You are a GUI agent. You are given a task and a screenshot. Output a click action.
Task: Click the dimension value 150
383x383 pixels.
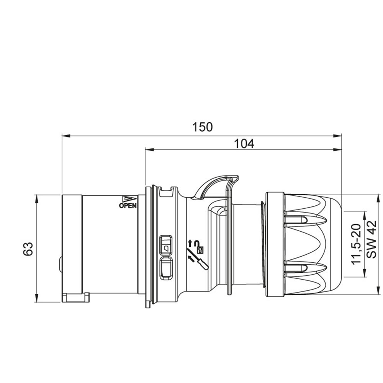coord(203,127)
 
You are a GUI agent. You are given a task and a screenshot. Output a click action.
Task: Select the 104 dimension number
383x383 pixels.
coord(244,144)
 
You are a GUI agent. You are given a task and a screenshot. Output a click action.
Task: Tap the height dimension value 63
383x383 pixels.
coord(28,249)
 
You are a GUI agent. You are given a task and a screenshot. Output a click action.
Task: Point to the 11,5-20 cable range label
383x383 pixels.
coord(356,244)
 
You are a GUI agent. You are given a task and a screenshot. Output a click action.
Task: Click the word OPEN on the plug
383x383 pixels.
coord(128,206)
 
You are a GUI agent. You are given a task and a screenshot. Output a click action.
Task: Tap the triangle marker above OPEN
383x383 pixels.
coord(129,199)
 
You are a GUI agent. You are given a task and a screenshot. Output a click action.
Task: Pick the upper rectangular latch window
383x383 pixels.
coord(165,245)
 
